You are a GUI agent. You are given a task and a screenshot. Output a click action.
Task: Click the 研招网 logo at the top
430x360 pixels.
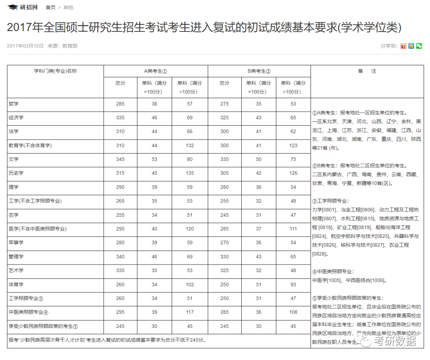pyautogui.click(x=23, y=7)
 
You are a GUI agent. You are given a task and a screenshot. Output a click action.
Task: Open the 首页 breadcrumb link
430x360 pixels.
pyautogui.click(x=51, y=8)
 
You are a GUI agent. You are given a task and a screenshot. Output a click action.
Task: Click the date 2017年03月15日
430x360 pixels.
pyautogui.click(x=25, y=46)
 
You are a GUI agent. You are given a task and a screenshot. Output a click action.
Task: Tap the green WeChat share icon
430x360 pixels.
pyautogui.click(x=419, y=46)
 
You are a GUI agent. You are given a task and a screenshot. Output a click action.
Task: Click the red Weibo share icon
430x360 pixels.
pyautogui.click(x=403, y=46)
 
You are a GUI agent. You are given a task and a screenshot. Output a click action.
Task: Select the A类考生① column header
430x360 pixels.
pyautogui.click(x=155, y=71)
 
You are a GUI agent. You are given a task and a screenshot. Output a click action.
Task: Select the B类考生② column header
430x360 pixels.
pyautogui.click(x=259, y=71)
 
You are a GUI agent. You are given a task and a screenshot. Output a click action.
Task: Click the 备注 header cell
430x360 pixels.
pyautogui.click(x=367, y=71)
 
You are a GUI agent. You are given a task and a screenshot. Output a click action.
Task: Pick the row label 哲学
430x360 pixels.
pyautogui.click(x=14, y=104)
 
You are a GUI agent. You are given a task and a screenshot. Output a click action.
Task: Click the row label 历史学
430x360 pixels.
pyautogui.click(x=16, y=173)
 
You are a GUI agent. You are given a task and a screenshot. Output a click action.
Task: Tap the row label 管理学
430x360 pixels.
pyautogui.click(x=16, y=257)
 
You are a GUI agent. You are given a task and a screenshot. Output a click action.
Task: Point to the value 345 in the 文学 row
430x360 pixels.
pyautogui.click(x=120, y=159)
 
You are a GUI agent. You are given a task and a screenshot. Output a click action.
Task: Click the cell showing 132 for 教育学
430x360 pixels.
pyautogui.click(x=190, y=145)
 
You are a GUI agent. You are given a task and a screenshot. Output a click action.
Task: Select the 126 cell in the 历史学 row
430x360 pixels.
pyautogui.click(x=293, y=173)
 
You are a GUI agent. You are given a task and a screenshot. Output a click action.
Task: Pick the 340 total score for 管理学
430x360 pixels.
pyautogui.click(x=120, y=257)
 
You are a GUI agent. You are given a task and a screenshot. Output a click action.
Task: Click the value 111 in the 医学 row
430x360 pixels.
pyautogui.click(x=293, y=229)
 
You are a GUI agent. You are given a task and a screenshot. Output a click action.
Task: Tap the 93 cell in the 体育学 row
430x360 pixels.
pyautogui.click(x=293, y=284)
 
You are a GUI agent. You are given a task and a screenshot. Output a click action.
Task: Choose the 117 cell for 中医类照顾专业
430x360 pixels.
pyautogui.click(x=190, y=312)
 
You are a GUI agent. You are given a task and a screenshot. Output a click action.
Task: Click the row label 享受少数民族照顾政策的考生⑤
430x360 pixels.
pyautogui.click(x=43, y=327)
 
